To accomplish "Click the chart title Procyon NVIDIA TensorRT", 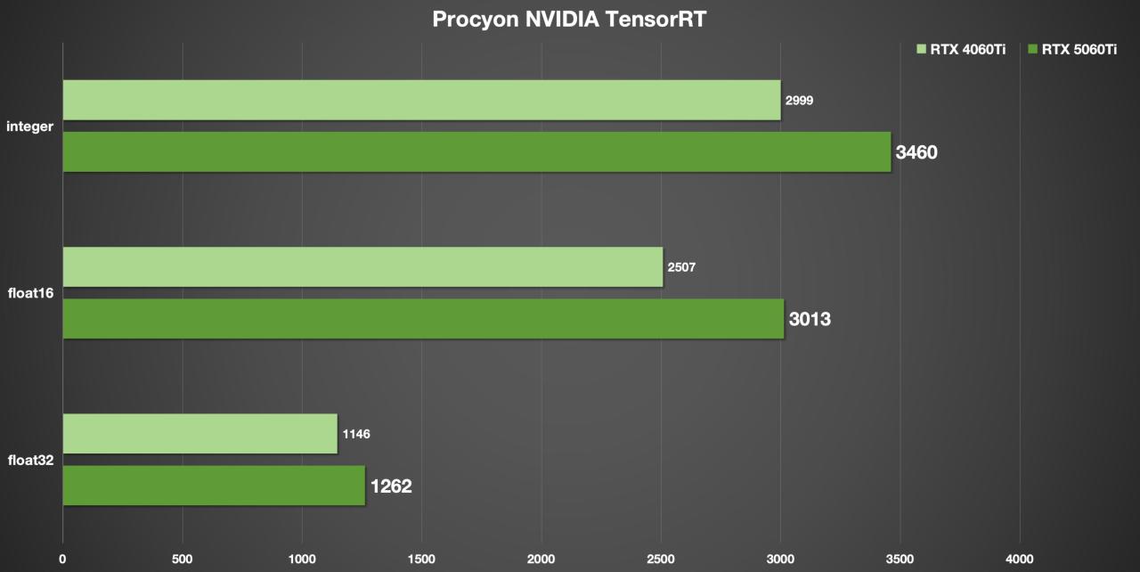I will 569,20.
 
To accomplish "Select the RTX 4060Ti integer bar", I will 421,100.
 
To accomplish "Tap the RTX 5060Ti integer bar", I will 476,151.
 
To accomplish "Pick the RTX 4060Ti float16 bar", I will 362,266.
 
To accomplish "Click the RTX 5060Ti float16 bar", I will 423,318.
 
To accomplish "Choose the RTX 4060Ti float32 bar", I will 199,434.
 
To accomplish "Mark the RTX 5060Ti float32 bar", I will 214,486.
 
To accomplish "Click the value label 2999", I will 799,101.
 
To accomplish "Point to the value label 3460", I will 916,152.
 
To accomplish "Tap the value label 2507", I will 681,266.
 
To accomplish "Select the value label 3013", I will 810,318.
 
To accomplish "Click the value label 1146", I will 355,434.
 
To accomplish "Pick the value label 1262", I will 391,486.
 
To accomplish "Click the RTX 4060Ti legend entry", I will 961,50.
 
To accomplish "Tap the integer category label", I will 29,127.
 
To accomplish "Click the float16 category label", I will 31,293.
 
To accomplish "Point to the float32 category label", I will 31,460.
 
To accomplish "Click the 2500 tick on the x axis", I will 661,560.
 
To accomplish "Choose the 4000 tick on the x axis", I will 1019,560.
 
